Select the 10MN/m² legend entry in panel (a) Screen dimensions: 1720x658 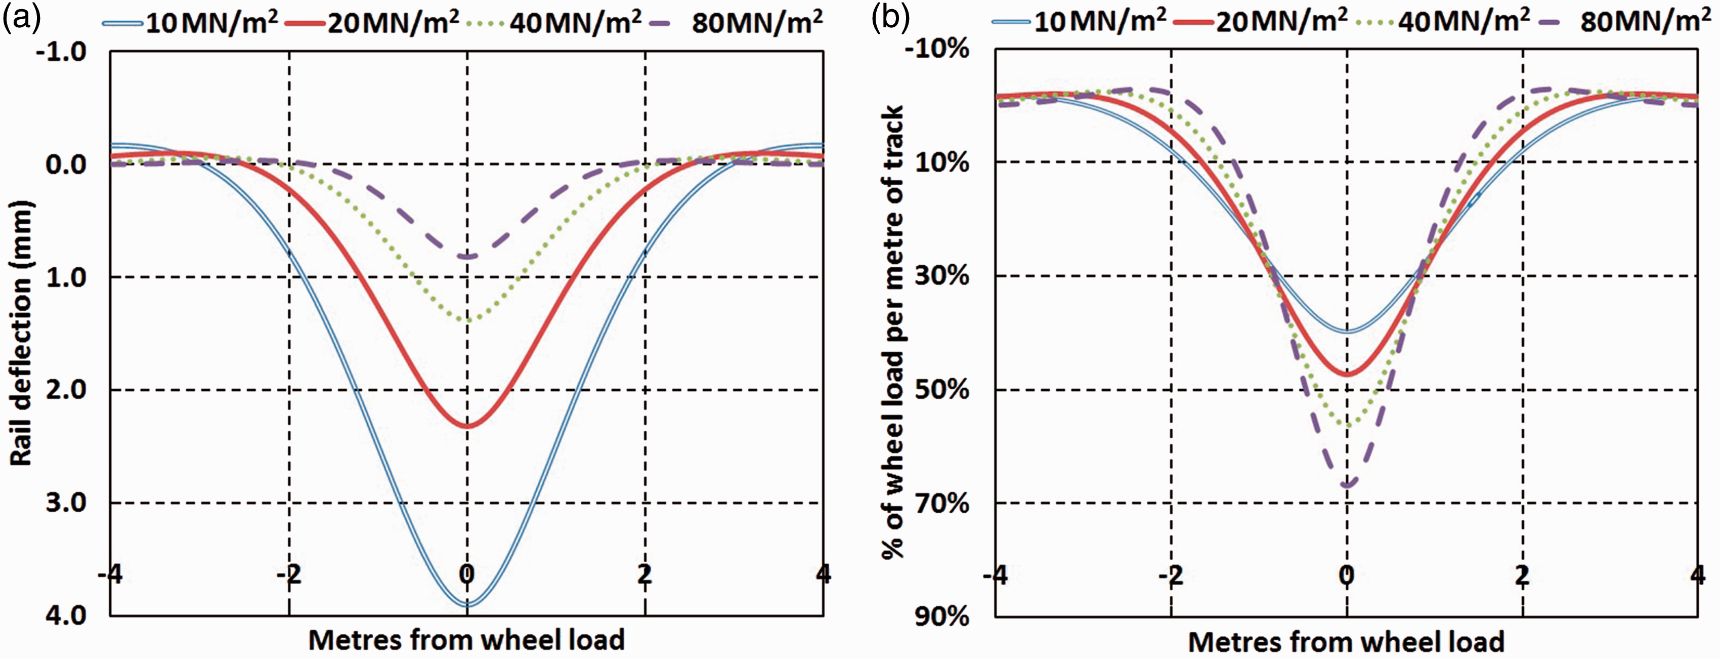(x=190, y=23)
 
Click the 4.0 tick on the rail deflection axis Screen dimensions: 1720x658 (x=66, y=614)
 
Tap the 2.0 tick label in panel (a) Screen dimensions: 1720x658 (x=66, y=389)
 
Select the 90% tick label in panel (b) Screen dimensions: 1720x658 (x=941, y=615)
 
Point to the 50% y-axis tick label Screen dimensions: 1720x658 (x=941, y=389)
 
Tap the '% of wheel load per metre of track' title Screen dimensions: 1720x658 (x=892, y=332)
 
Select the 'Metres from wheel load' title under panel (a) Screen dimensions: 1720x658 (x=466, y=640)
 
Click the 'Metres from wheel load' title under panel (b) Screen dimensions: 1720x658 (x=1346, y=641)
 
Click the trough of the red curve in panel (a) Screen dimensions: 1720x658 (x=467, y=426)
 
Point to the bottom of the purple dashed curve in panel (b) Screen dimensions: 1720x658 (x=1347, y=485)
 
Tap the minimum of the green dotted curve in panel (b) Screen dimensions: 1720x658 (x=1347, y=425)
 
